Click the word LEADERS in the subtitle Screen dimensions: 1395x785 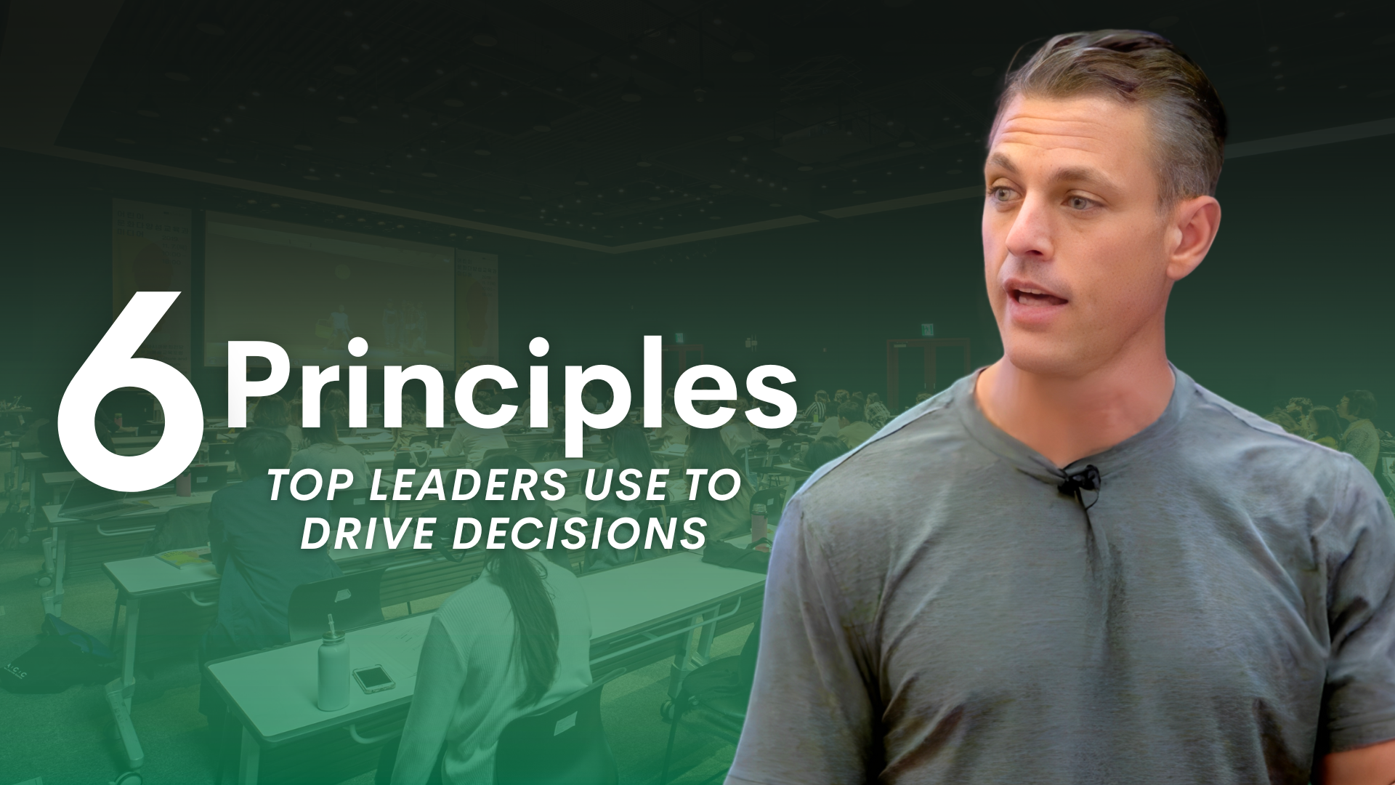pyautogui.click(x=465, y=486)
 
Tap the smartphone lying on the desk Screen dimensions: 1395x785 pyautogui.click(x=372, y=678)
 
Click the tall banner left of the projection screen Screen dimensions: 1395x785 pyautogui.click(x=151, y=283)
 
